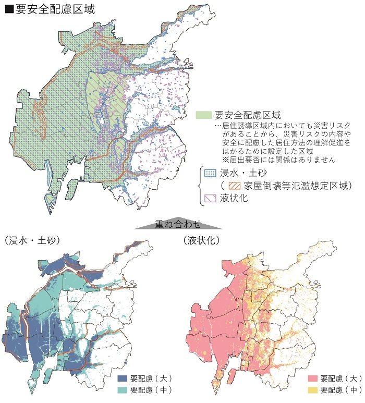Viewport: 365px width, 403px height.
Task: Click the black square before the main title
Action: pyautogui.click(x=9, y=9)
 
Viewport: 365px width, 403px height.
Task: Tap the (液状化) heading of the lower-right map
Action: pyautogui.click(x=201, y=240)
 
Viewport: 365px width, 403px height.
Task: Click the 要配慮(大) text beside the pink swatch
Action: pyautogui.click(x=340, y=379)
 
